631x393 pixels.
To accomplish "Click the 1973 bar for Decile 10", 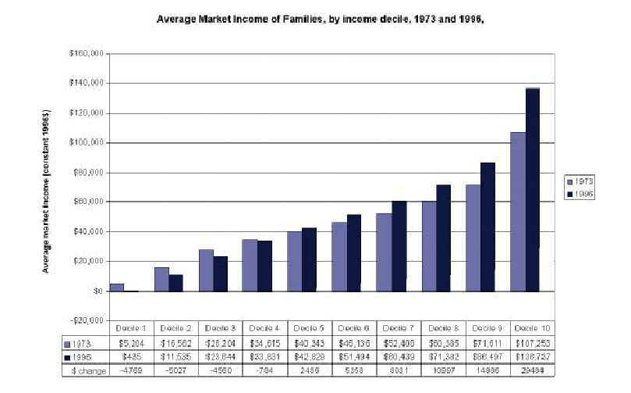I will (x=518, y=211).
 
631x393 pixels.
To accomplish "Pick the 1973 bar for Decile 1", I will (x=115, y=287).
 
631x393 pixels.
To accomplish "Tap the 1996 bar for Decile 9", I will (x=487, y=227).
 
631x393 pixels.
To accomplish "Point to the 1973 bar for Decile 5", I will (x=293, y=261).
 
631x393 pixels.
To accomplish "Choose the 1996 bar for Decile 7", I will (x=399, y=246).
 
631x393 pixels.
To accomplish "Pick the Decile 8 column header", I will (x=443, y=328).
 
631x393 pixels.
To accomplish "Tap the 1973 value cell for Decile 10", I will (x=532, y=342).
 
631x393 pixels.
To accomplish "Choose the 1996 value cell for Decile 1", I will (x=130, y=356).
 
